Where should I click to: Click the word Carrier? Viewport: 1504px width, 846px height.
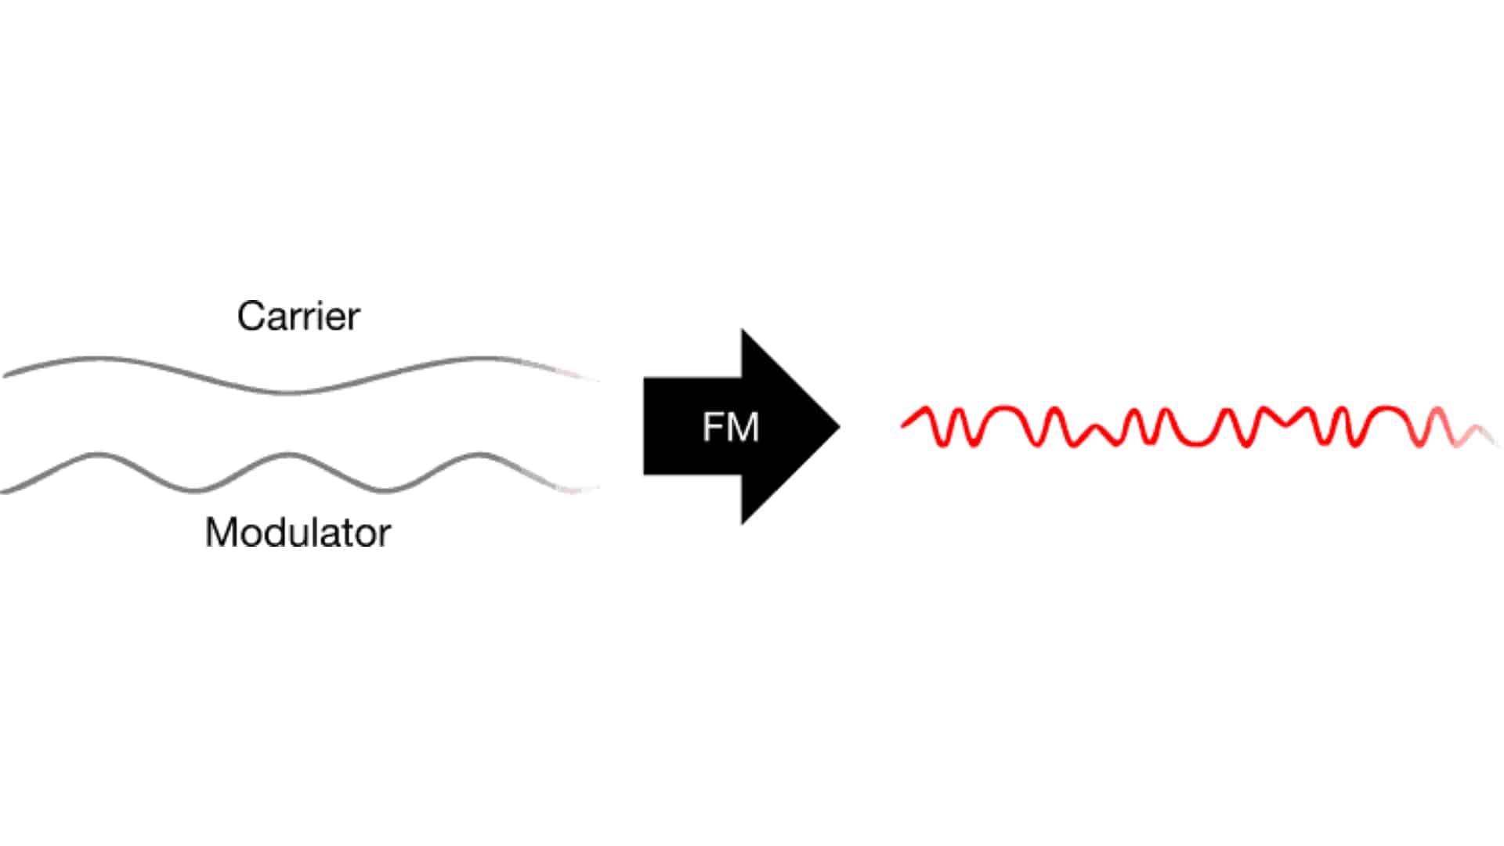(298, 316)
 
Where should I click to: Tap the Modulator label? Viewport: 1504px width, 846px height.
(298, 533)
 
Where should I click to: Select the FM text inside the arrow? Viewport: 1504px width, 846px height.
(731, 428)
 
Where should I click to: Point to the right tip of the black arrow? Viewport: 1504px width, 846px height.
(840, 427)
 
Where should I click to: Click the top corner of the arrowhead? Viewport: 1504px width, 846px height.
(743, 330)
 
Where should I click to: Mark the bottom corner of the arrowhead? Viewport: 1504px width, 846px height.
(743, 524)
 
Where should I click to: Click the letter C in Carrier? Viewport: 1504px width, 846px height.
(251, 316)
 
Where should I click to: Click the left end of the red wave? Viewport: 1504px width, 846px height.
(902, 425)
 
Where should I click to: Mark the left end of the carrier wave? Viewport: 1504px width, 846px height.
(5, 375)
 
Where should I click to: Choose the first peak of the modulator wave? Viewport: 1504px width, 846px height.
(98, 454)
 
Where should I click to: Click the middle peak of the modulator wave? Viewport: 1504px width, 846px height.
(288, 454)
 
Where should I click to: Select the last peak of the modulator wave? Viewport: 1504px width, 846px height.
(479, 454)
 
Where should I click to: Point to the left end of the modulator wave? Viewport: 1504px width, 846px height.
(2, 492)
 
